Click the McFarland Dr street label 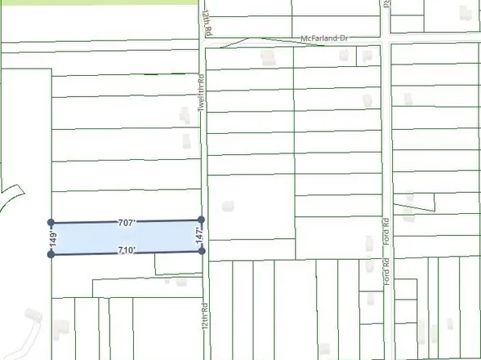click(x=328, y=39)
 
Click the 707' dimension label click(x=127, y=222)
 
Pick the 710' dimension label click(x=126, y=250)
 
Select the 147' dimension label click(x=196, y=237)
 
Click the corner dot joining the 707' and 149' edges click(x=51, y=221)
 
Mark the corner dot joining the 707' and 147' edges click(x=201, y=220)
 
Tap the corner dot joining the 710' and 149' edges click(x=51, y=254)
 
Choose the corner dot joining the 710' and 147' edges click(x=202, y=251)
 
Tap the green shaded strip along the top click(x=97, y=4)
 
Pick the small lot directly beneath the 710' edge click(x=177, y=262)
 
